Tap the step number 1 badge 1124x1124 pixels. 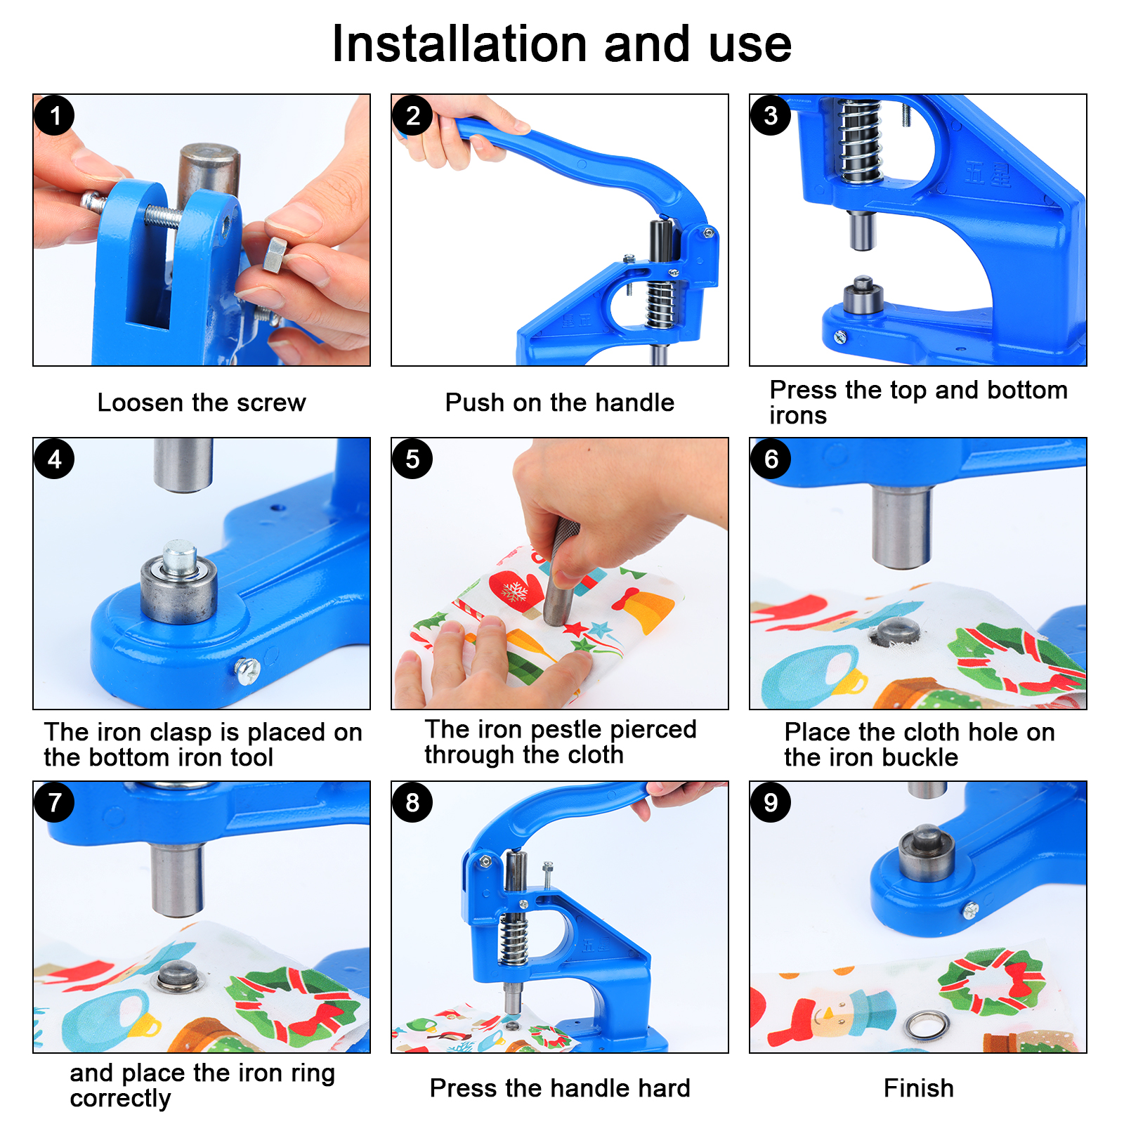pos(55,116)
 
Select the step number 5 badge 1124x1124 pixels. pos(413,459)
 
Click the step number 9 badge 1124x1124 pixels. pos(771,802)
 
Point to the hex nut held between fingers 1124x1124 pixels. pos(275,255)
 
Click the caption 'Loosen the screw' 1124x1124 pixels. pos(202,403)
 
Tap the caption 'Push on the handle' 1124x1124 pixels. pos(560,403)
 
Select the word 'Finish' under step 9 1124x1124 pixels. pos(919,1088)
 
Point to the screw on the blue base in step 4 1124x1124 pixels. pos(247,671)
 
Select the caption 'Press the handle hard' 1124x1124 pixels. pos(560,1088)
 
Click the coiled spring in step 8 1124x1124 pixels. pos(513,939)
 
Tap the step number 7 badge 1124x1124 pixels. pos(55,802)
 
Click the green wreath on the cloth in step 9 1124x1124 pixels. pos(992,982)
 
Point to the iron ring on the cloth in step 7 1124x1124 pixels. pos(177,977)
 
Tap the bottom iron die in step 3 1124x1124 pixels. pos(863,296)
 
